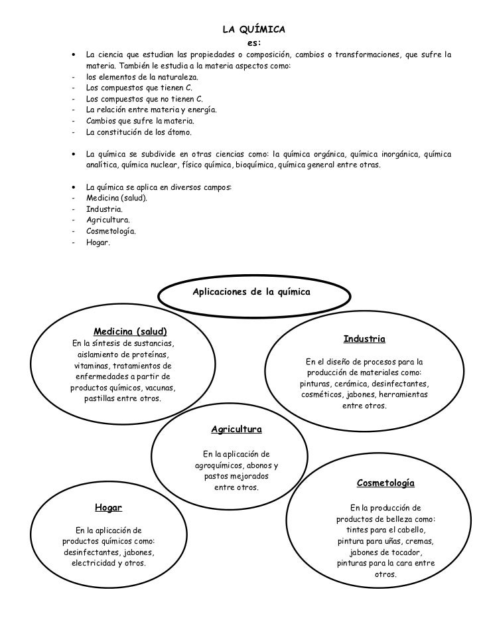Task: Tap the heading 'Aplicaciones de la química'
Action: [251, 291]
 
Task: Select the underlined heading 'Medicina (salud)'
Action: [130, 331]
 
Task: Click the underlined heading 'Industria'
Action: [364, 339]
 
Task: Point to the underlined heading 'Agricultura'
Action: [236, 430]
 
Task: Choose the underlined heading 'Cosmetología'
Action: [385, 483]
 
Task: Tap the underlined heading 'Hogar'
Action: [109, 508]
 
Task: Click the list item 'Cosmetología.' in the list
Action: [111, 231]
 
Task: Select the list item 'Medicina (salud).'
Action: [117, 198]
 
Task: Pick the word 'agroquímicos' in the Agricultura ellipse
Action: [212, 465]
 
